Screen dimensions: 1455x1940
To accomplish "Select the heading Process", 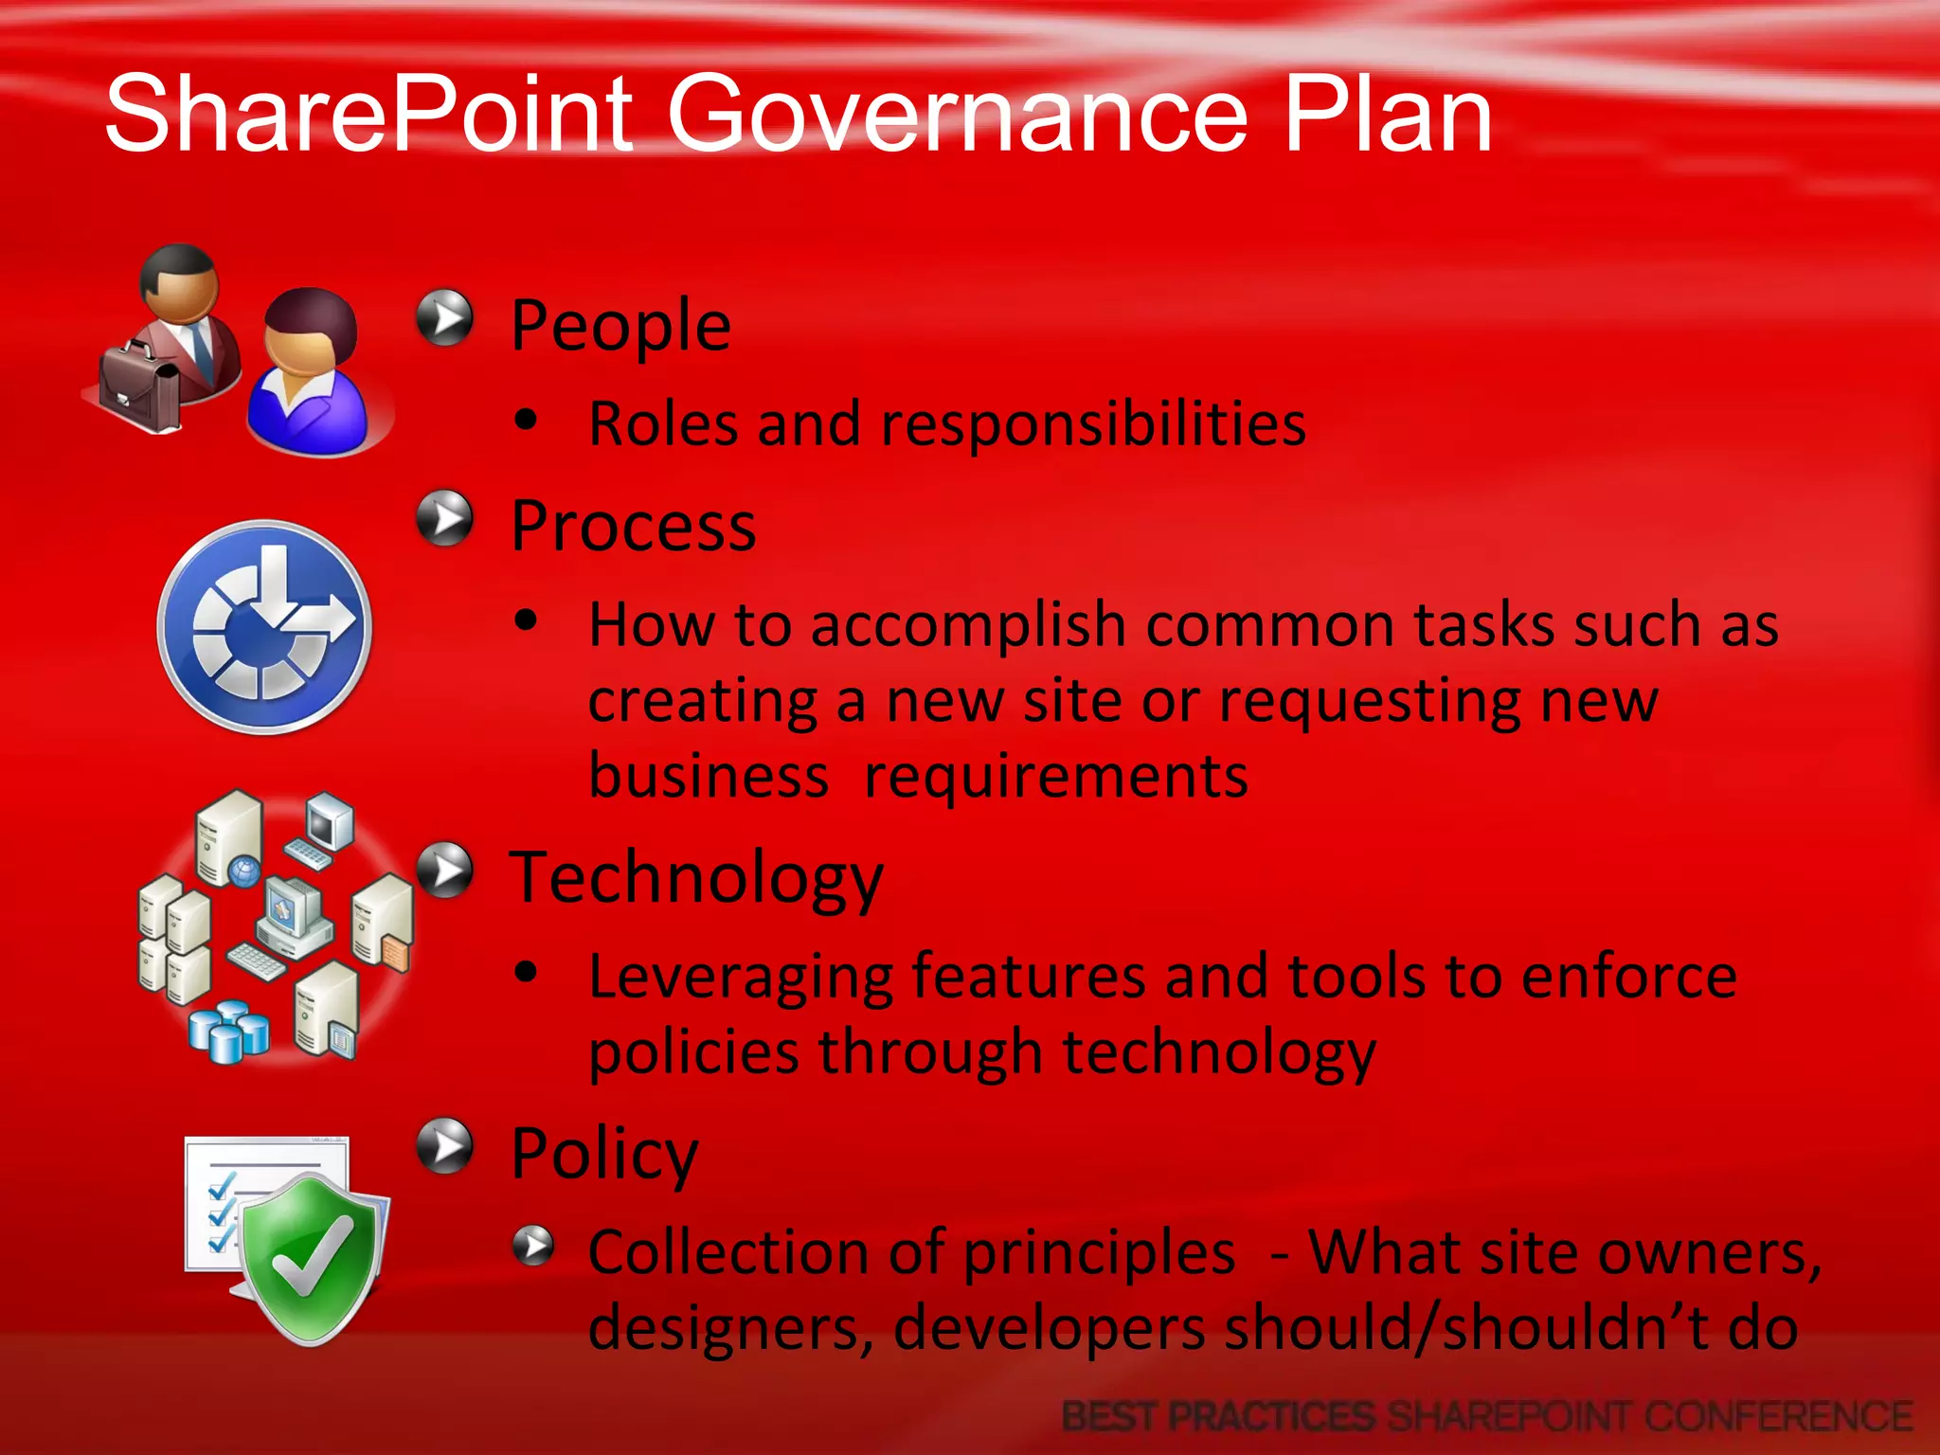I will point(633,527).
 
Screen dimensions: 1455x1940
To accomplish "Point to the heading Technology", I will point(696,879).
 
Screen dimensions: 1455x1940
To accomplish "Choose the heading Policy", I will point(603,1155).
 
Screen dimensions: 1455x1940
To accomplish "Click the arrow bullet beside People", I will point(444,317).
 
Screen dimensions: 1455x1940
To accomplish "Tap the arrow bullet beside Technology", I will point(444,870).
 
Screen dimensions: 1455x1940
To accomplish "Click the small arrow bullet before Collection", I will point(533,1245).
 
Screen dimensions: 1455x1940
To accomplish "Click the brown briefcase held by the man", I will point(140,386).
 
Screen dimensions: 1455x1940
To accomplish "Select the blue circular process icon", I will point(264,626).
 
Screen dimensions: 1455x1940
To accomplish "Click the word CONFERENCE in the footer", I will point(1778,1417).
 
